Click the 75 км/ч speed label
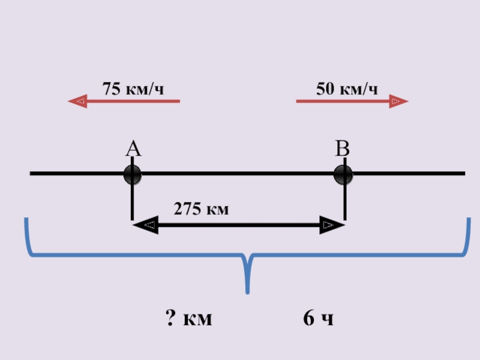coord(133,89)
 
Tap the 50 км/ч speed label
coord(347,89)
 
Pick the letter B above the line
coord(342,149)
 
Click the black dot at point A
coord(132,175)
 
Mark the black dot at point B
coord(344,175)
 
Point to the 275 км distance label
coord(202,209)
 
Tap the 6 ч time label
coord(318,319)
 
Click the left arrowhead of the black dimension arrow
coord(135,226)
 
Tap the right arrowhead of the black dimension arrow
coord(341,226)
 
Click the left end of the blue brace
coord(26,221)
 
